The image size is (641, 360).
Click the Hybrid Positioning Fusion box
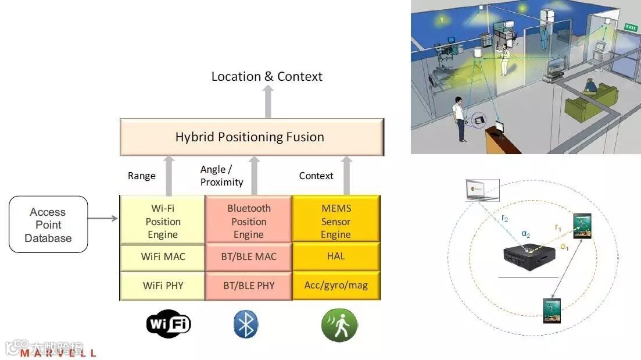coord(251,137)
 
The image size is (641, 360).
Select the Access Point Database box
coord(48,225)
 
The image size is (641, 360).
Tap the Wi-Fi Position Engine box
coord(163,222)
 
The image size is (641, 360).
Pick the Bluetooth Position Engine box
coord(249,222)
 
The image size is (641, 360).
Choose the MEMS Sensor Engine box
coord(336,222)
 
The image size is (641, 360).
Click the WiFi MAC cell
coord(163,256)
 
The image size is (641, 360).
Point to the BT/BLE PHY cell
coord(249,286)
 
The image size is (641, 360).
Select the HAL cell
coord(336,256)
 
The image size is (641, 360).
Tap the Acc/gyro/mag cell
coord(336,286)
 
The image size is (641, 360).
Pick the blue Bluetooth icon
coord(246,325)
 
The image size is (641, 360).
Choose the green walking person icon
coord(339,325)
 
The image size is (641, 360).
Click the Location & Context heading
coord(267,76)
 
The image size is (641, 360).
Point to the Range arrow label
coord(142,176)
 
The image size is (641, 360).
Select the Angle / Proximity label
coord(221,176)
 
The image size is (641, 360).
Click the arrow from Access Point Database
coord(103,219)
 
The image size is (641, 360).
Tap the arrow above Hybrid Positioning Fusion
coord(267,102)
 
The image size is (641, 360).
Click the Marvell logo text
coord(58,353)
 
